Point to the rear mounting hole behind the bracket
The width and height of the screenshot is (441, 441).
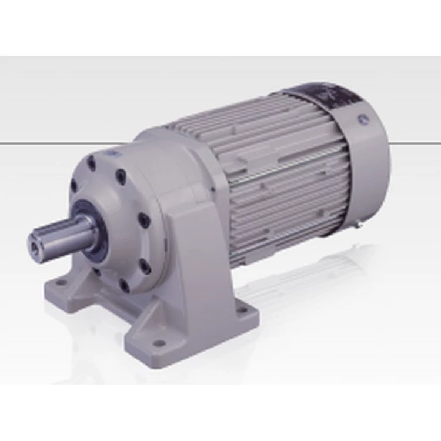click(x=239, y=305)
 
